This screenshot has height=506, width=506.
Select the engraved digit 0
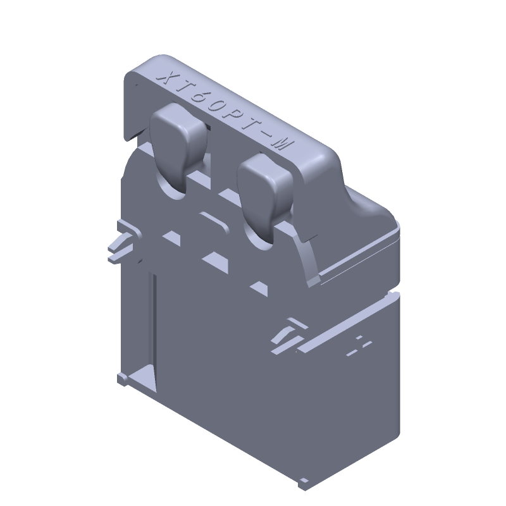216,106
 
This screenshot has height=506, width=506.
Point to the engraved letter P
233,116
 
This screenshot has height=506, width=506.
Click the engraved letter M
282,145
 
